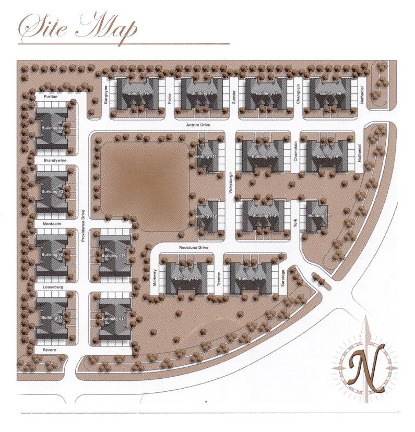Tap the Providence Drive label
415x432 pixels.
[83, 225]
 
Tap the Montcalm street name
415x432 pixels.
[52, 224]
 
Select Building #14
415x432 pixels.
[318, 215]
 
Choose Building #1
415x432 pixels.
[52, 317]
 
